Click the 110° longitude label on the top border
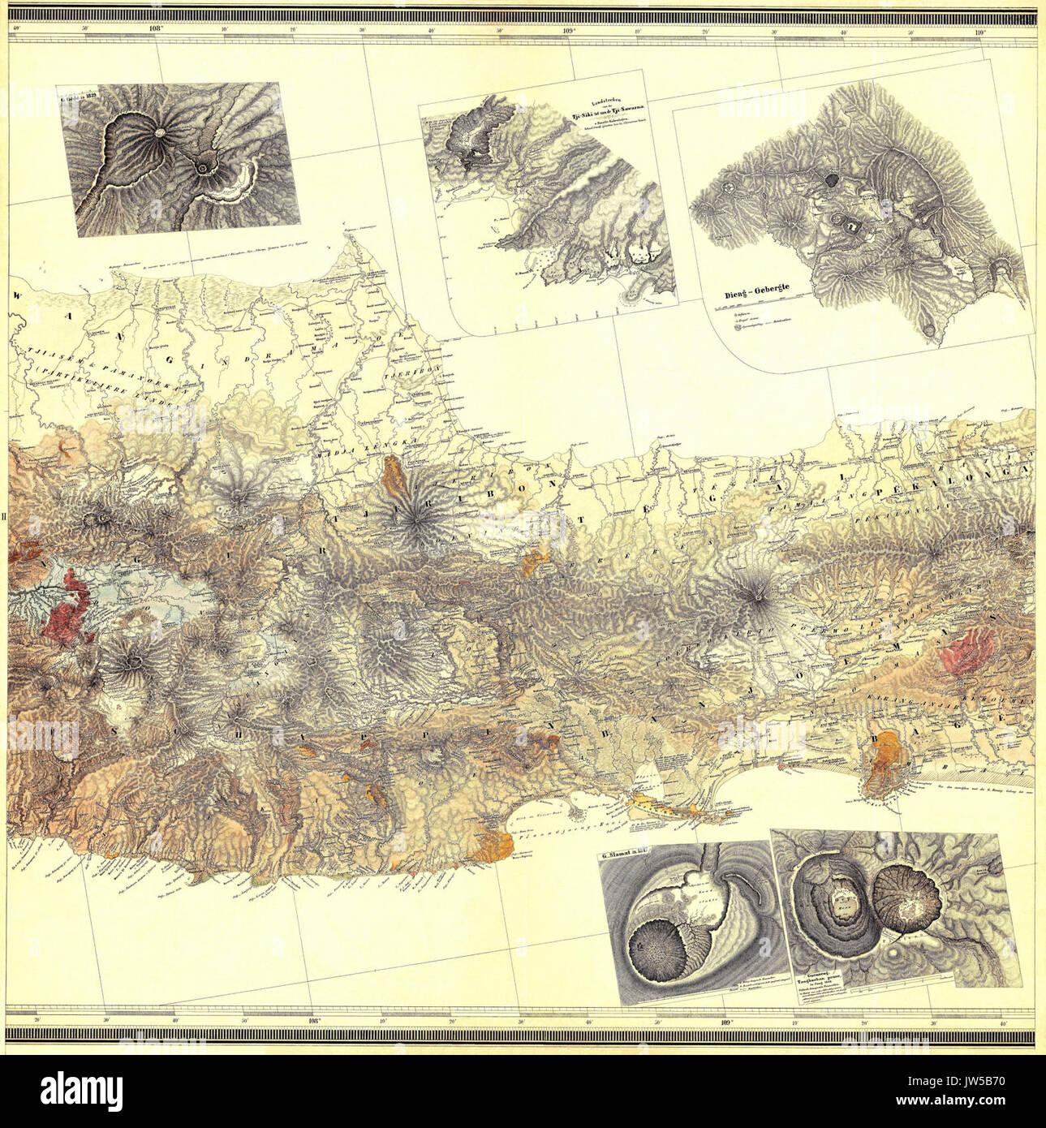[x=980, y=32]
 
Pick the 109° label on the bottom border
[x=725, y=1022]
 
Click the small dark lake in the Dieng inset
[x=833, y=180]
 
